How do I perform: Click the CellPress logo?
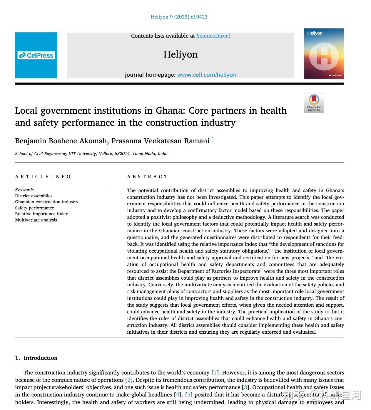(x=36, y=55)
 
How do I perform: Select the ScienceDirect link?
(x=213, y=36)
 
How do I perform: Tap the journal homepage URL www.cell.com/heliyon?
(x=207, y=75)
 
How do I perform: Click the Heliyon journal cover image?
(x=324, y=53)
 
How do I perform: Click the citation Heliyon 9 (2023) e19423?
(x=179, y=17)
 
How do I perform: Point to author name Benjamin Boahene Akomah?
(x=61, y=141)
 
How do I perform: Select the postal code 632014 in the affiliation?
(x=122, y=154)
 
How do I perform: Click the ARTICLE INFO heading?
(x=43, y=177)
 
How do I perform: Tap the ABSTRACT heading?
(x=147, y=177)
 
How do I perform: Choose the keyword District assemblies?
(x=34, y=196)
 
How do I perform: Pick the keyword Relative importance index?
(x=41, y=214)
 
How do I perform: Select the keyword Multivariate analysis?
(x=36, y=220)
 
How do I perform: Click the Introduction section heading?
(x=40, y=358)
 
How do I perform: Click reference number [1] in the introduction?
(x=215, y=373)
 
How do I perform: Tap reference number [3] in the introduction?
(x=245, y=387)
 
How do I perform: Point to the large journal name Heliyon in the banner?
(x=181, y=54)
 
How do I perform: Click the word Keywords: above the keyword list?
(x=25, y=190)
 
